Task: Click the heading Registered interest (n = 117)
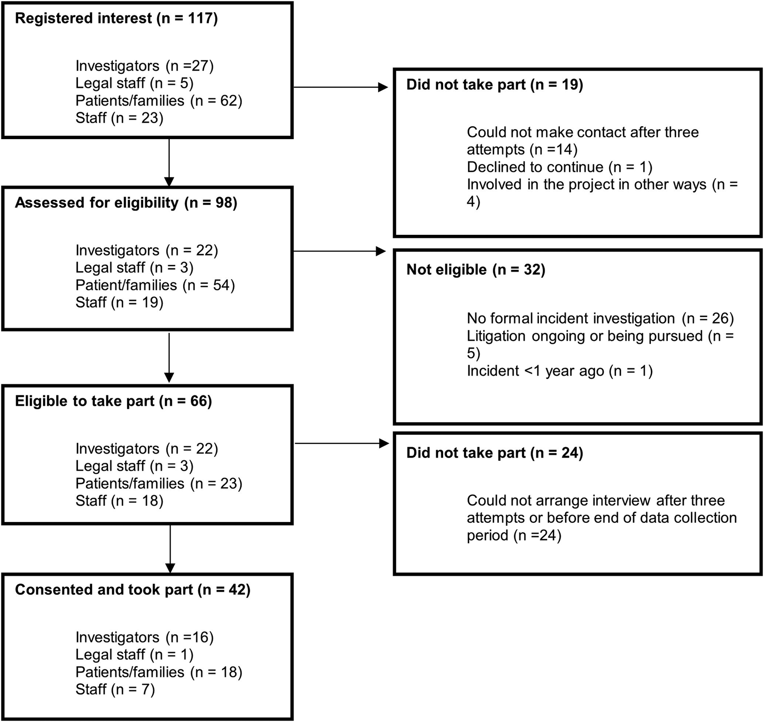(116, 19)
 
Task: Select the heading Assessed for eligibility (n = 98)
(126, 203)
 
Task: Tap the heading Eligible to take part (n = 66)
(113, 401)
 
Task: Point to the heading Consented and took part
(132, 590)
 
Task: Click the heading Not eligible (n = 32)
(475, 270)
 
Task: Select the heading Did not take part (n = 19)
(495, 85)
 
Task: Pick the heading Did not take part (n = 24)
(495, 453)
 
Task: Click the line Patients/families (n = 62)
(158, 101)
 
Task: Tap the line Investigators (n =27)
(145, 66)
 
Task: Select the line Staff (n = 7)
(115, 689)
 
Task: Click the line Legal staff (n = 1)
(134, 655)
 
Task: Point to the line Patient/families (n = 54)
(155, 285)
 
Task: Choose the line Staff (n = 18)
(119, 501)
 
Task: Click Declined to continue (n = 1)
(559, 167)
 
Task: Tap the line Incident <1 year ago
(559, 371)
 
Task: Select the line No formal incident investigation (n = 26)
(600, 319)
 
